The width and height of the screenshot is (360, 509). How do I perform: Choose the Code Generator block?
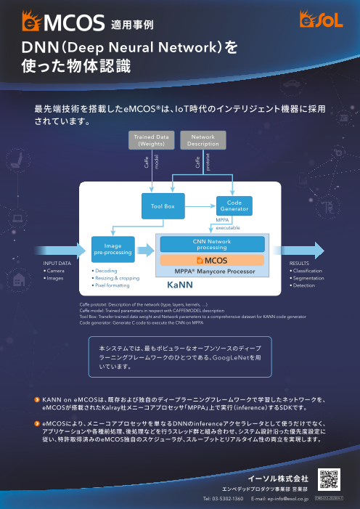[x=234, y=206]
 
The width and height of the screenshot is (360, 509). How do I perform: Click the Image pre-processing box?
[x=112, y=250]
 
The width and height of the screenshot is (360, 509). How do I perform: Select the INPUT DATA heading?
[x=57, y=264]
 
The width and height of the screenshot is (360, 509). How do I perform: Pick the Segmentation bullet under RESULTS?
[x=308, y=278]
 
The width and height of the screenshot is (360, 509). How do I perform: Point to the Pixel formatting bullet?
[x=112, y=285]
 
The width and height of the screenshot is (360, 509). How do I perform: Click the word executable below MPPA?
[x=228, y=227]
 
